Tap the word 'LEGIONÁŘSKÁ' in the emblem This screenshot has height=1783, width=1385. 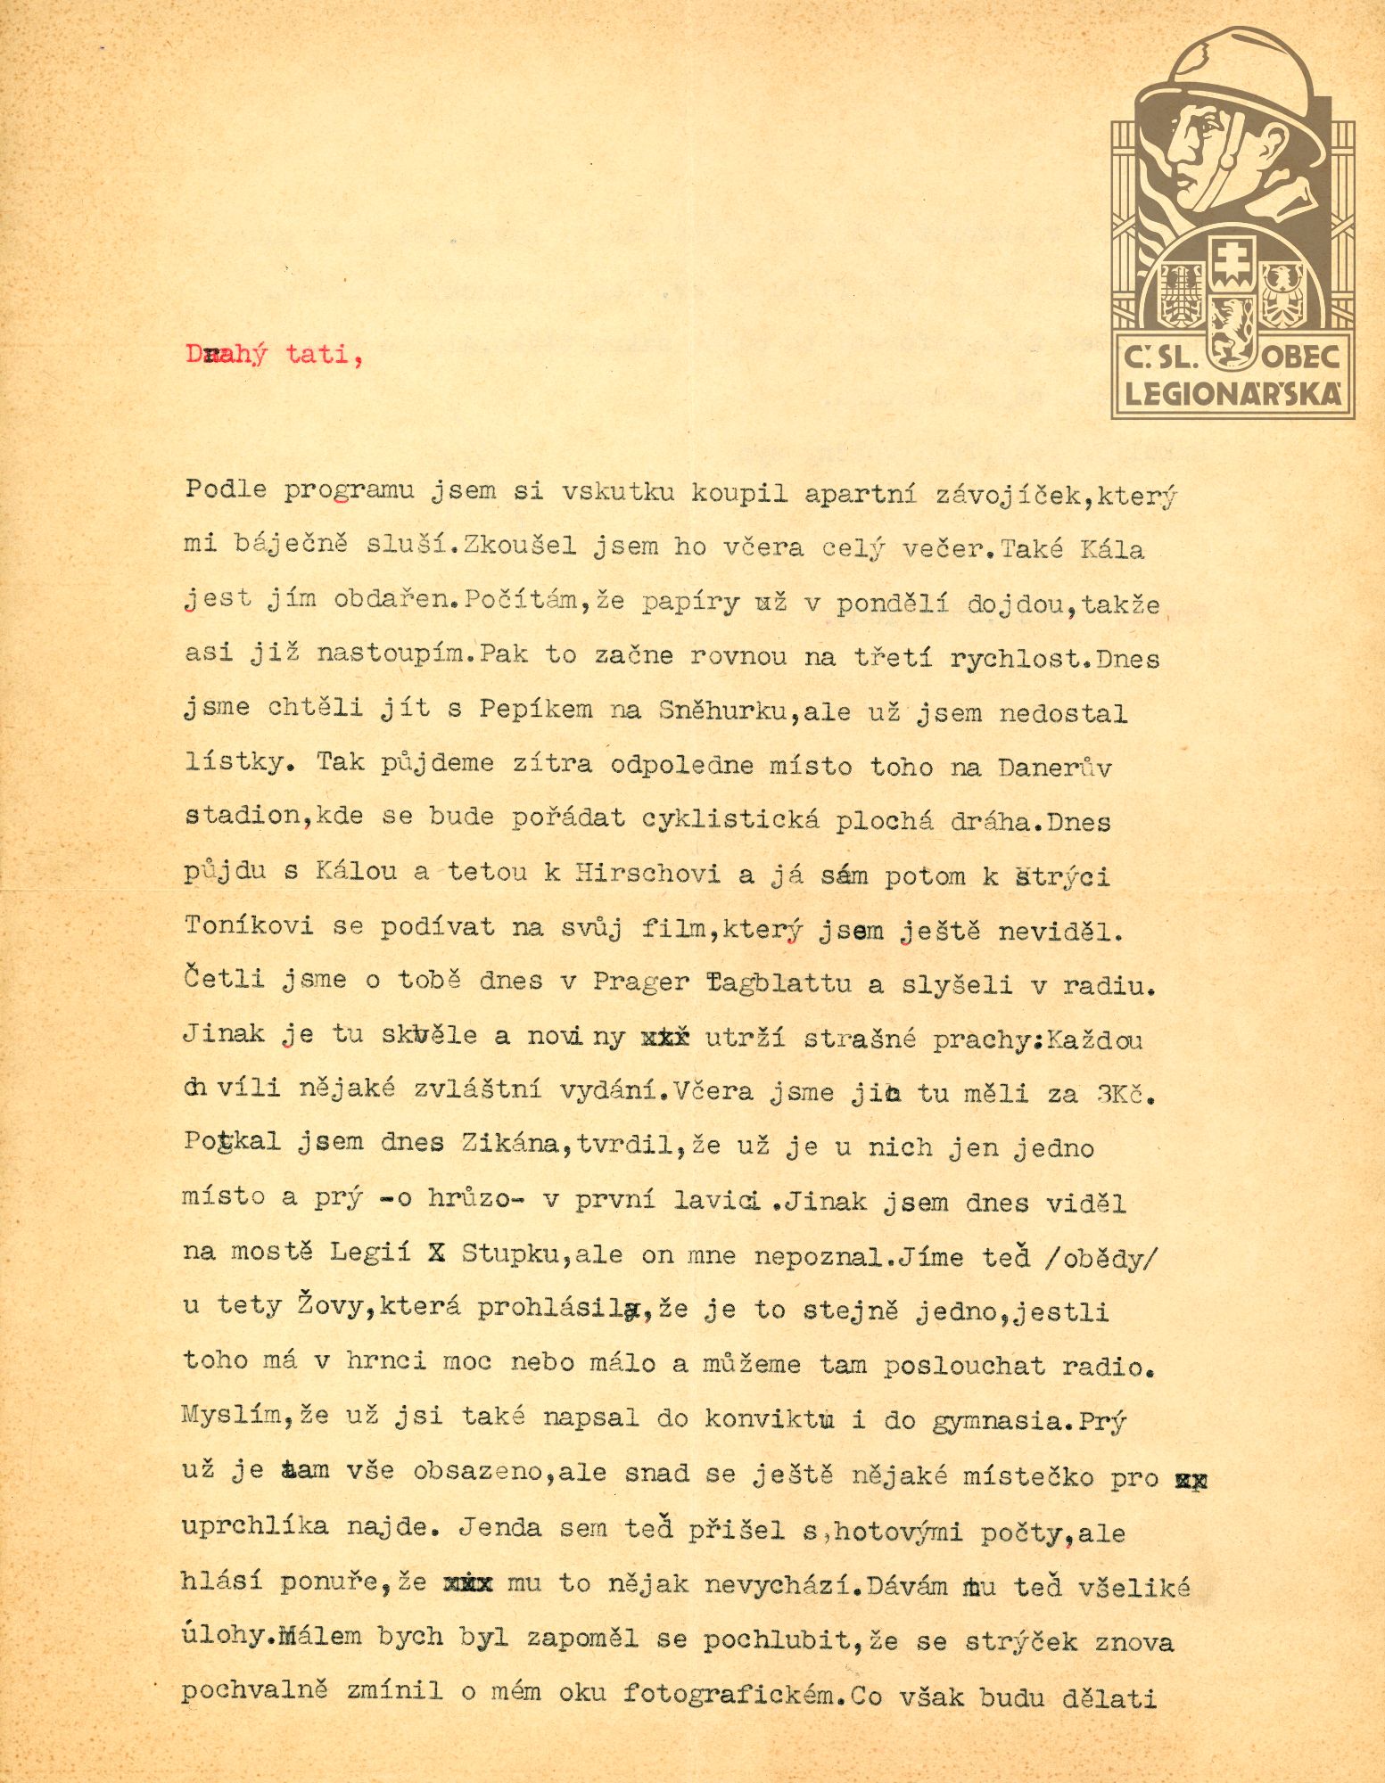pyautogui.click(x=1233, y=395)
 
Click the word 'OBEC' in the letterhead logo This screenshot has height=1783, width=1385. pyautogui.click(x=1303, y=357)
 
